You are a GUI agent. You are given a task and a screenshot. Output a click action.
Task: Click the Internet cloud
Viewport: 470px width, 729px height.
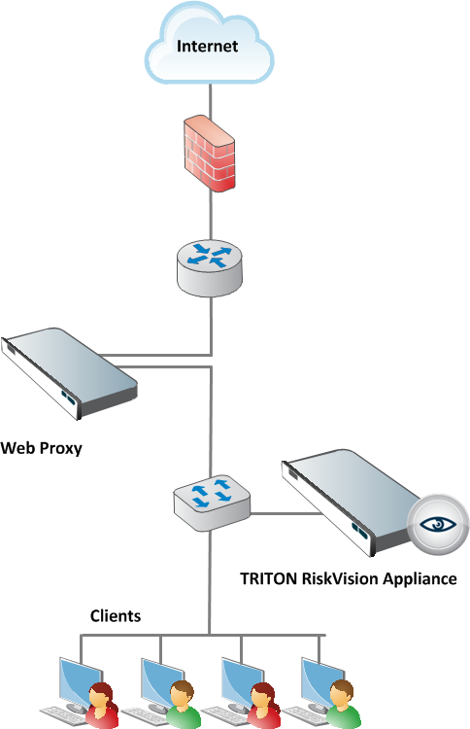click(209, 44)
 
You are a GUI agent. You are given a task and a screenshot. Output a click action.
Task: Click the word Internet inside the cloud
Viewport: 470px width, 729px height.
click(207, 46)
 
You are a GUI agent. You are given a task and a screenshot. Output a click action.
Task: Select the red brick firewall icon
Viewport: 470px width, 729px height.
click(209, 154)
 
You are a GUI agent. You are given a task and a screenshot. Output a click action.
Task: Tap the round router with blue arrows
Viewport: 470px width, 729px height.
click(210, 268)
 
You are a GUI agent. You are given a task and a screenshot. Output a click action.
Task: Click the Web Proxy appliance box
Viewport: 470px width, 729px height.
click(69, 373)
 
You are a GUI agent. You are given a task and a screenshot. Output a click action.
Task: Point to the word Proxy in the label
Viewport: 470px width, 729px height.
click(61, 448)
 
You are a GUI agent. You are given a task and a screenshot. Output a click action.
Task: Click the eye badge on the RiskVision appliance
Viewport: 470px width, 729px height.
click(438, 525)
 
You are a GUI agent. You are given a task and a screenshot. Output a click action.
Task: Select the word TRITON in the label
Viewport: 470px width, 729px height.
click(268, 579)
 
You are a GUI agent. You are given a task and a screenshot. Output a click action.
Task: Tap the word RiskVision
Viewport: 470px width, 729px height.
click(340, 579)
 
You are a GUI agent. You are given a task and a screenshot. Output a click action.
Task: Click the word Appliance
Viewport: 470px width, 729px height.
click(420, 579)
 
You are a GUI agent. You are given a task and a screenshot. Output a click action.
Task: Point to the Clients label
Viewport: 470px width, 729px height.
click(116, 616)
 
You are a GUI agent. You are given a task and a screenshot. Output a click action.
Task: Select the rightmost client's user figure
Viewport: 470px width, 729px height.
click(343, 704)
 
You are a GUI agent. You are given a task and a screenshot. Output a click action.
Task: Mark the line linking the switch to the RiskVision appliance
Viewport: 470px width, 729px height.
click(285, 514)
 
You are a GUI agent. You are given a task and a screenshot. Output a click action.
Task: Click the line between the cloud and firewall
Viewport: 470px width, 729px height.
click(211, 101)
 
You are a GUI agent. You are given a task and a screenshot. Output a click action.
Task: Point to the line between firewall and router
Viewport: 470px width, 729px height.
click(211, 215)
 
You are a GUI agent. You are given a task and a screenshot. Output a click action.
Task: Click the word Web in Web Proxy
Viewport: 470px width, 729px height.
click(18, 448)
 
